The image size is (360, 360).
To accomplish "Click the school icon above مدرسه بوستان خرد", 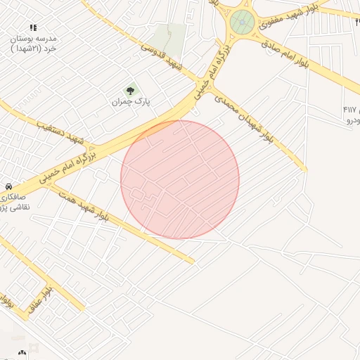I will (x=33, y=27).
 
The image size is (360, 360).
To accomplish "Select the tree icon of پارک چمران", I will (x=129, y=90).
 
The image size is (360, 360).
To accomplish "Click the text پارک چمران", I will (x=131, y=102).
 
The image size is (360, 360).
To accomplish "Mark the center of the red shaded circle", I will (x=180, y=179).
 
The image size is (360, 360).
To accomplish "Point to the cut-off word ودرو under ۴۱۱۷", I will (x=353, y=121).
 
